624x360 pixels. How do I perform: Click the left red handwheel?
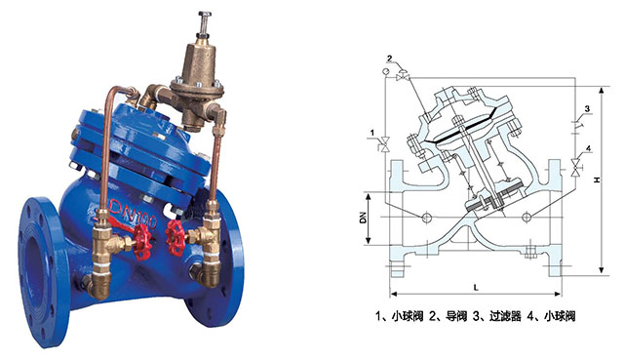coord(141,241)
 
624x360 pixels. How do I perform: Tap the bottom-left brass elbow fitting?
coord(97,284)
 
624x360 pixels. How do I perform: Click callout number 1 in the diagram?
coord(372,133)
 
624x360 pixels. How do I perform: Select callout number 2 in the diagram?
coord(390,59)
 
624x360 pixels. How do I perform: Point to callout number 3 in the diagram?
coord(587,108)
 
